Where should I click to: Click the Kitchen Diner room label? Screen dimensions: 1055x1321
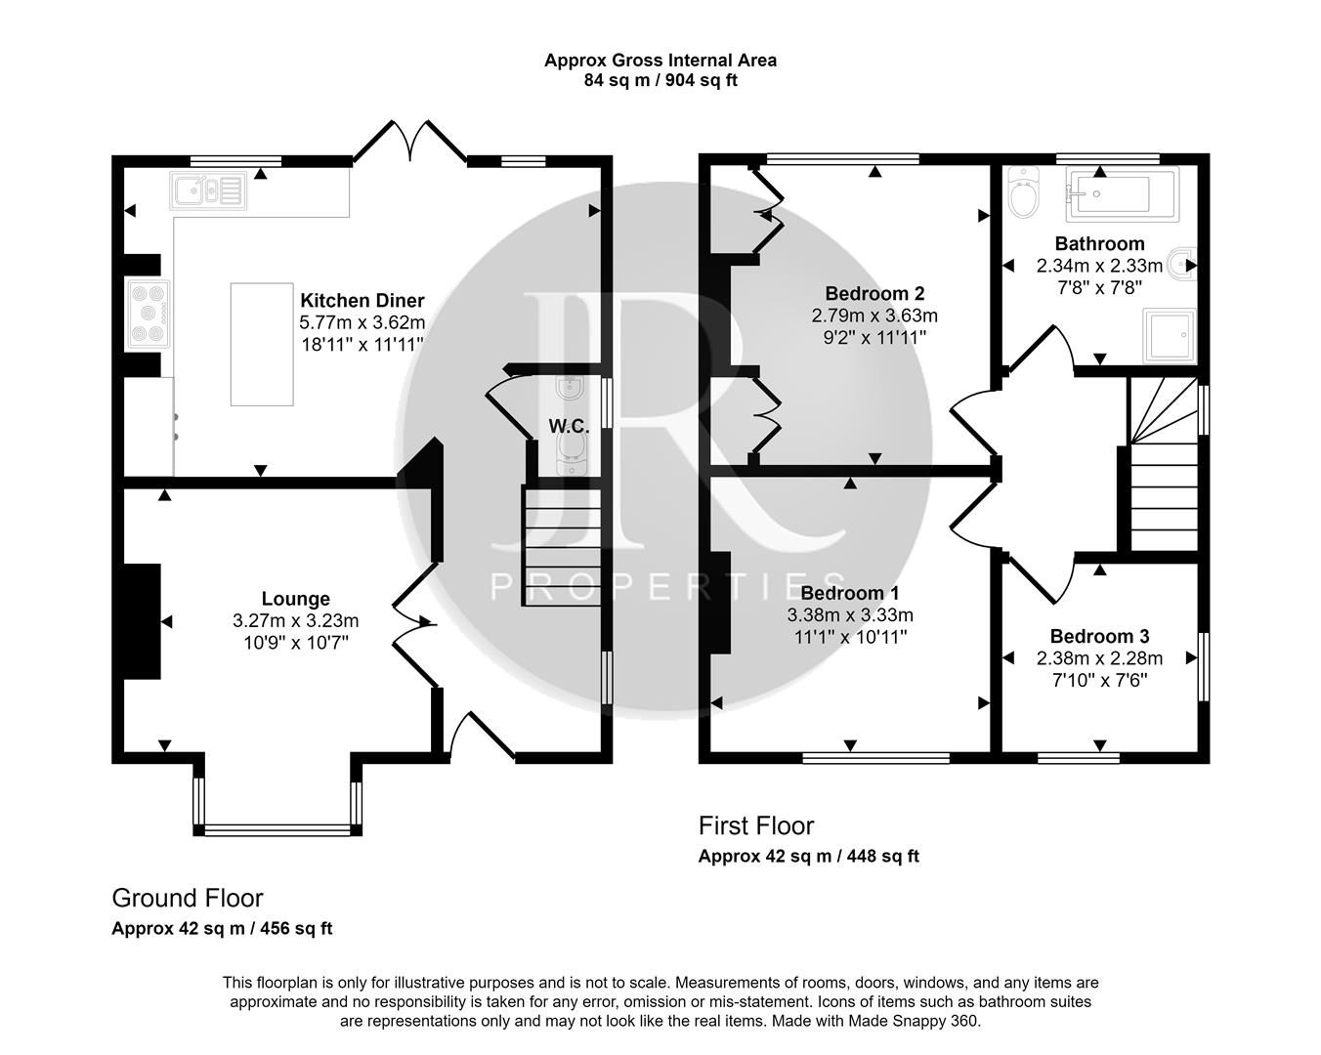362,300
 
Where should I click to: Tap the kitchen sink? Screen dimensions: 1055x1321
209,190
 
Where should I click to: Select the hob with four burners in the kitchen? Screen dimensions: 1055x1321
148,314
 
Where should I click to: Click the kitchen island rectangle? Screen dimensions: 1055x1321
262,344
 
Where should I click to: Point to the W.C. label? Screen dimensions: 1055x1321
568,426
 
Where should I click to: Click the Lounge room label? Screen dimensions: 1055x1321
295,599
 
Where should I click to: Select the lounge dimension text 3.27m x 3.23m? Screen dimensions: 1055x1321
295,620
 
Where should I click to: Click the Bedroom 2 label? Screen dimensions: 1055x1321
874,293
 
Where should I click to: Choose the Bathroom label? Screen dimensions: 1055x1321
1099,243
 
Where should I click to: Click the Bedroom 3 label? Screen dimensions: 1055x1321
1099,636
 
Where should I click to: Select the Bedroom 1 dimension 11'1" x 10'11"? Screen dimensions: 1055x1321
849,637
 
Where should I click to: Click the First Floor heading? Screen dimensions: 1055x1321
755,825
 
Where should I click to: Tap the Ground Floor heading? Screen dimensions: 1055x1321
188,898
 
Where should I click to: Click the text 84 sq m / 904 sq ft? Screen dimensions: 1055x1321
660,80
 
